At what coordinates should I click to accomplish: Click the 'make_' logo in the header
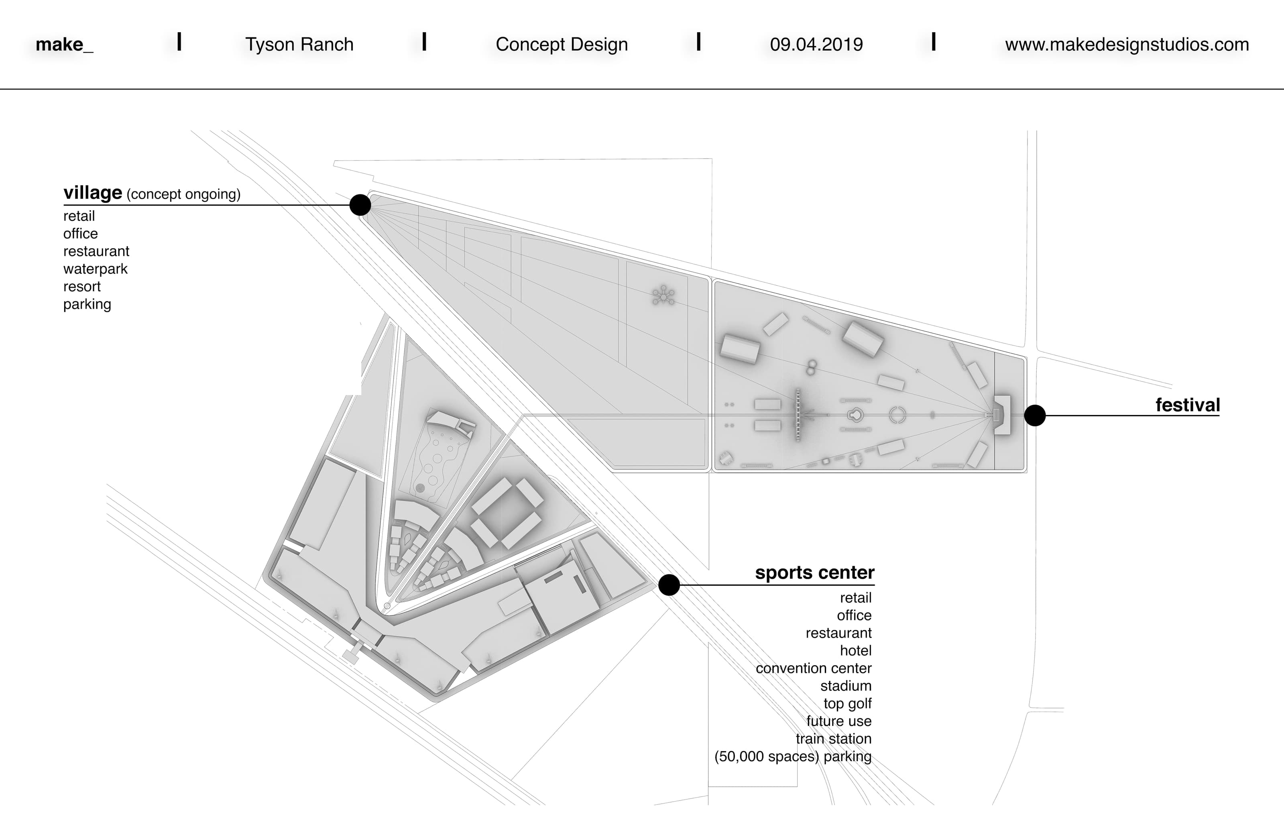click(64, 44)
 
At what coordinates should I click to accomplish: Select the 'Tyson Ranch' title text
click(299, 44)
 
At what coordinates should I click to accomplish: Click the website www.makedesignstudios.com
click(1127, 44)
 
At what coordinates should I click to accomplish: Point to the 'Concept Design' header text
click(561, 44)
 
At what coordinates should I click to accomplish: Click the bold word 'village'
click(93, 193)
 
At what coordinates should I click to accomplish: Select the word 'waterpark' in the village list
click(96, 269)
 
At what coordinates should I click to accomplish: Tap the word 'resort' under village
click(82, 287)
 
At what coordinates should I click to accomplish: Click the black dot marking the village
click(360, 205)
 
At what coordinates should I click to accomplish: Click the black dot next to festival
click(1034, 415)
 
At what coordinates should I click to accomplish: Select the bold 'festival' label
click(1187, 405)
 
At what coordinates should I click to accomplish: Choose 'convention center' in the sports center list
click(813, 668)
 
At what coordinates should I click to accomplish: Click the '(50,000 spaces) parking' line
click(793, 757)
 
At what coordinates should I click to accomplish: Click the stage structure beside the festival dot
click(1002, 414)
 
